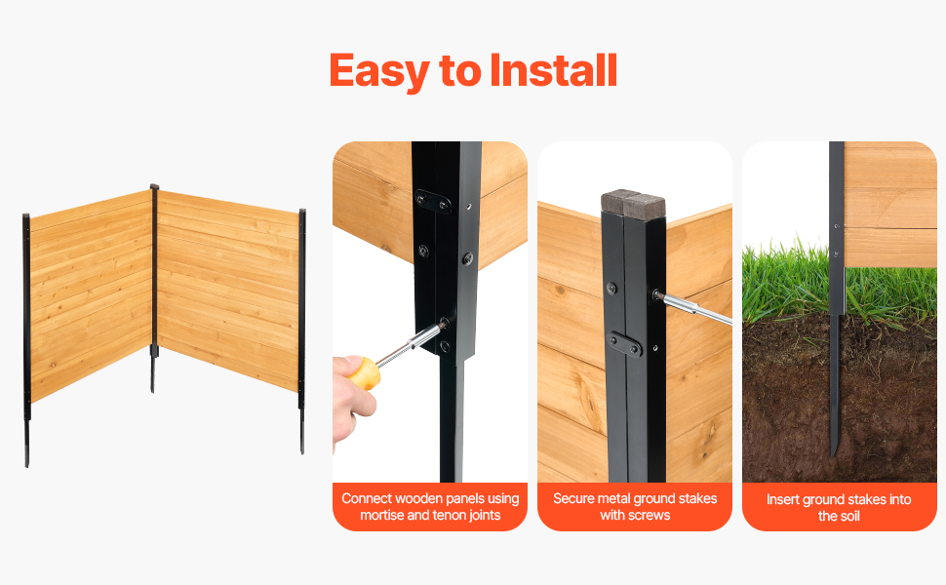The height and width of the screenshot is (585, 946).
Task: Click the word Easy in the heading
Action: point(378,72)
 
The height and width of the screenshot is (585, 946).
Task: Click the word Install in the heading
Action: point(553,70)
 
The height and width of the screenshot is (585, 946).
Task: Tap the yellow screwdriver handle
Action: point(364,373)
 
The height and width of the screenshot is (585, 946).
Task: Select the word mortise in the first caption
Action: point(381,515)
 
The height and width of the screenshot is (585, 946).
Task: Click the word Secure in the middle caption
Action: point(573,498)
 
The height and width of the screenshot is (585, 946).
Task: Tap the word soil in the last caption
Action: point(847,516)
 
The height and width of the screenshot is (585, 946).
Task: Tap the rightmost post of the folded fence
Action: point(302,331)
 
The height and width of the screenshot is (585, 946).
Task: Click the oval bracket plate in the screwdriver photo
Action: point(433,202)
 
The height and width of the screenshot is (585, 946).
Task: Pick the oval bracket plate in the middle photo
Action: point(624,344)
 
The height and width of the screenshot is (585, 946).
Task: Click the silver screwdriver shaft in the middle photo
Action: point(693,307)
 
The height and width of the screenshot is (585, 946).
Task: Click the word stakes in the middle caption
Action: point(697,498)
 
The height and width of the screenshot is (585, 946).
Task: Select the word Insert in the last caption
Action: point(782,499)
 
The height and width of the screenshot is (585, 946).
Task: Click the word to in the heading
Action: point(459,72)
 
